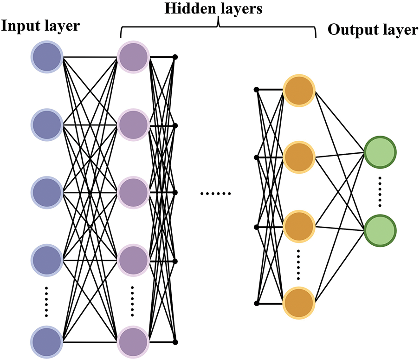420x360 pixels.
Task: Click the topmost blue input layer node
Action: [x=47, y=57]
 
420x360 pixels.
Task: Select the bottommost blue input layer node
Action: [x=47, y=342]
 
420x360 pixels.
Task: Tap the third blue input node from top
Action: [x=47, y=192]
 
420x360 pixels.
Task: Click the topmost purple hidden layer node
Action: [x=133, y=57]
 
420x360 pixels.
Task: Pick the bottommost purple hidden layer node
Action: [x=133, y=342]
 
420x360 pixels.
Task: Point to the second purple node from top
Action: [x=133, y=125]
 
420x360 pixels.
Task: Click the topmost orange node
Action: [x=299, y=90]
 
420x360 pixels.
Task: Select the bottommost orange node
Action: [x=299, y=303]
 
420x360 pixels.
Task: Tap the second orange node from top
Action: [x=299, y=157]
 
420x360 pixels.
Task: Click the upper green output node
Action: [x=380, y=152]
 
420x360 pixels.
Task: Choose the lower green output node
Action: [x=380, y=230]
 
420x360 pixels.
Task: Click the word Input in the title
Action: [x=19, y=26]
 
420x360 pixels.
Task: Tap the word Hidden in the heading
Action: [x=190, y=8]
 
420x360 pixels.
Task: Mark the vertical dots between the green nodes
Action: [x=380, y=192]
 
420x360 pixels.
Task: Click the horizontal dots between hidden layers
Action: [x=216, y=193]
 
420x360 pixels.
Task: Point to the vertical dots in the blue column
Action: [x=46, y=302]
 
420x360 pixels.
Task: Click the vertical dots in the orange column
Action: [x=298, y=265]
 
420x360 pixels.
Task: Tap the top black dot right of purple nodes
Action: [x=175, y=57]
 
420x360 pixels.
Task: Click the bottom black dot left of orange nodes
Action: [x=257, y=303]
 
